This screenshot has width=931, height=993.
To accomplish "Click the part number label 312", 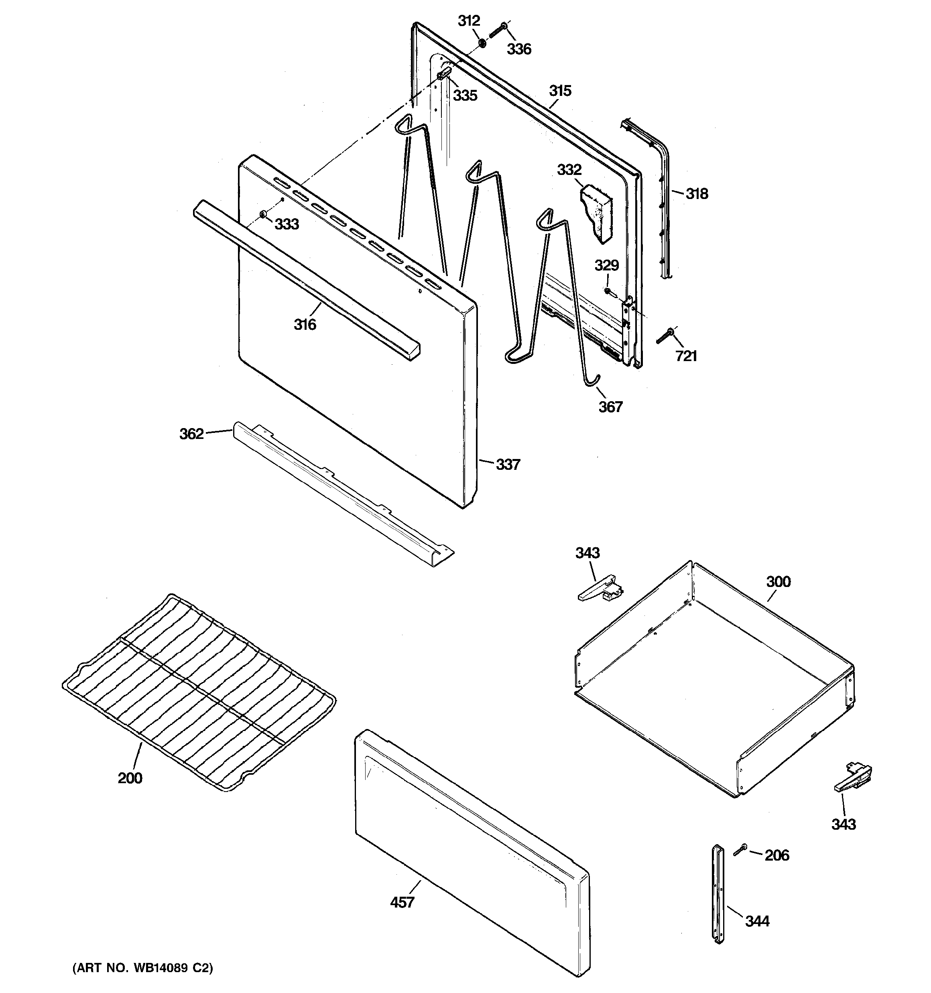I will [469, 21].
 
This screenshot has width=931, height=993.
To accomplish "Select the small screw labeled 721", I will [665, 335].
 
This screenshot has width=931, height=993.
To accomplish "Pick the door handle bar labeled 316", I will [305, 280].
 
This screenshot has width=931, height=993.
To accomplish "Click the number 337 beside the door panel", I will [508, 465].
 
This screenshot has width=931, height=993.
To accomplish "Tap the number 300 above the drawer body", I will [778, 582].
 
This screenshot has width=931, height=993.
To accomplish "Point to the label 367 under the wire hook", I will [610, 406].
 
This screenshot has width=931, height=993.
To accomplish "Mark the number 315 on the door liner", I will [560, 91].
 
